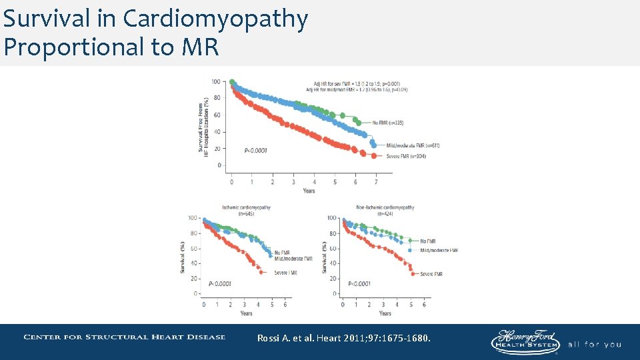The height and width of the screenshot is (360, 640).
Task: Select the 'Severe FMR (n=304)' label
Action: pos(406,156)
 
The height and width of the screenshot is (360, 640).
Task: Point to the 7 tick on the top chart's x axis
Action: pos(376,181)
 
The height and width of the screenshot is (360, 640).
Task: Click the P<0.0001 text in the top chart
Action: pos(256,151)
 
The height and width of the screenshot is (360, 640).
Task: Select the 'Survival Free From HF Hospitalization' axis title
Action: pos(203,126)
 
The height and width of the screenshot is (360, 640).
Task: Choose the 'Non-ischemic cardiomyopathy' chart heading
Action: pos(385,207)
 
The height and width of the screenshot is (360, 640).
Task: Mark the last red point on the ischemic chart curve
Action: pos(260,272)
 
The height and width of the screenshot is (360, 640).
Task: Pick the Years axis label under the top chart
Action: pos(309,191)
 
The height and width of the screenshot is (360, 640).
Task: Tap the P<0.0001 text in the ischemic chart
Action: pos(220,283)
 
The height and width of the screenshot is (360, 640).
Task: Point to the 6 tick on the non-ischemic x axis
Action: pos(424,304)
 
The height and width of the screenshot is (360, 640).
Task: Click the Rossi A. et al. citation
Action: pos(344,339)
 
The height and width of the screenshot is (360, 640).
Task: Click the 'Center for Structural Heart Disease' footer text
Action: pos(125,337)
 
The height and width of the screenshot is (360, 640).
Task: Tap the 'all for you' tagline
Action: pos(595,345)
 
